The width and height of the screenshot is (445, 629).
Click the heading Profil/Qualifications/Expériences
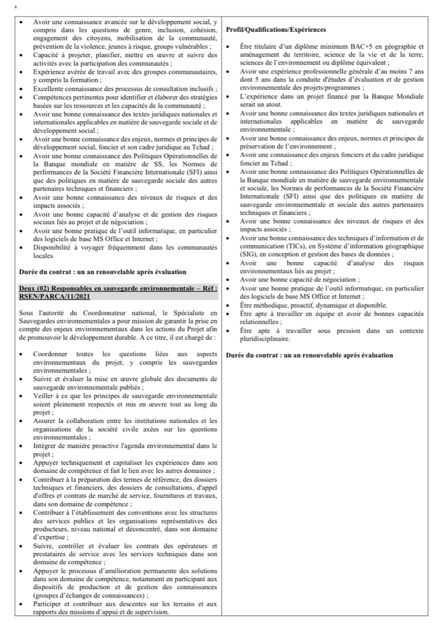(x=276, y=30)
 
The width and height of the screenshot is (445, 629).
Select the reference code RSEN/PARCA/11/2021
(x=48, y=296)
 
